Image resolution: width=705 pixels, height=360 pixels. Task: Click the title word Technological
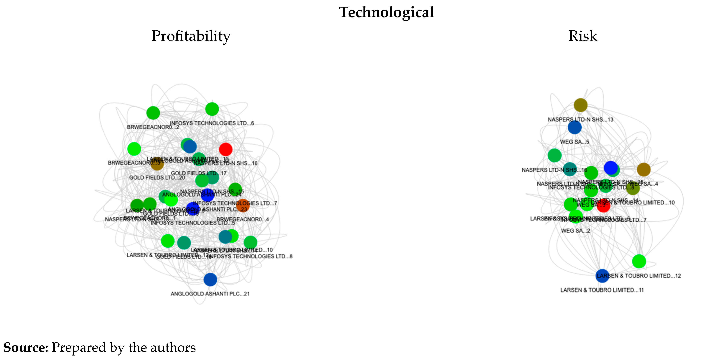[x=386, y=12]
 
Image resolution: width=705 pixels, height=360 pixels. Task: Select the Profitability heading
[x=191, y=36]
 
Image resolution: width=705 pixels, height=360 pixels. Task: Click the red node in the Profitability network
[x=226, y=149]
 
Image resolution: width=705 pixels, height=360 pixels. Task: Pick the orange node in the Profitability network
[x=243, y=205]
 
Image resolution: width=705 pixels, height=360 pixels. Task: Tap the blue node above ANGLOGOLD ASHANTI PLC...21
[x=210, y=280]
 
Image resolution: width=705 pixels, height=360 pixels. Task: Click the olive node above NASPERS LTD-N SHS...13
[x=581, y=105]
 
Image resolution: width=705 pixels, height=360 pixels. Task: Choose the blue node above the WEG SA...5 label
[x=574, y=127]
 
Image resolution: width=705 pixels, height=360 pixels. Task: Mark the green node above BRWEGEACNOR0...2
[x=153, y=113]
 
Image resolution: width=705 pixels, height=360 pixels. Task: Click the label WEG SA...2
[x=575, y=231]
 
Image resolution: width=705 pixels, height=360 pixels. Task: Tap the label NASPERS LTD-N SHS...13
[x=580, y=120]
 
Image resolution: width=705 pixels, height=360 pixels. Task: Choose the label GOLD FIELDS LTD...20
[x=157, y=177]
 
